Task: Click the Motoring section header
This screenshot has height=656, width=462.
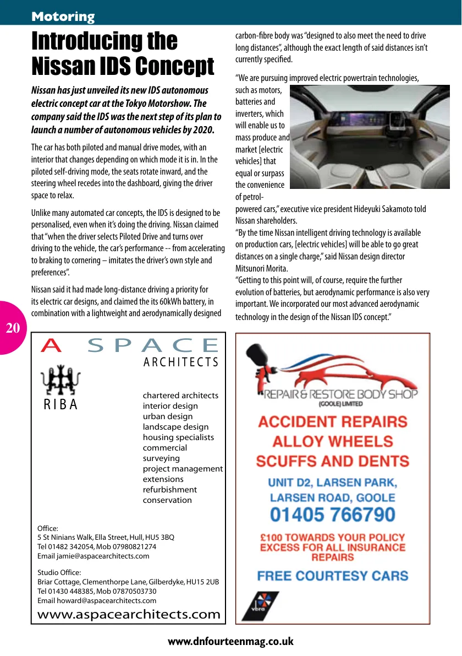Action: pyautogui.click(x=63, y=17)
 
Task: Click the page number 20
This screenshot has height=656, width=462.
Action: pyautogui.click(x=13, y=329)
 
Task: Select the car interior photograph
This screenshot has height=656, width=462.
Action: pyautogui.click(x=369, y=137)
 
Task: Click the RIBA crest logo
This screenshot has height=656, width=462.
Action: pyautogui.click(x=61, y=379)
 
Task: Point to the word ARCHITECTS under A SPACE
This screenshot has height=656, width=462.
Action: pyautogui.click(x=181, y=362)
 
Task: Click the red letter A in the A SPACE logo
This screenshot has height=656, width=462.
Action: pyautogui.click(x=52, y=345)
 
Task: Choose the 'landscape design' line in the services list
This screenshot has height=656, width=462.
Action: pyautogui.click(x=175, y=427)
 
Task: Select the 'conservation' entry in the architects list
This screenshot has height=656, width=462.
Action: pyautogui.click(x=167, y=500)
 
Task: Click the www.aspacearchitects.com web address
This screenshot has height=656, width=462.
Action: pyautogui.click(x=129, y=614)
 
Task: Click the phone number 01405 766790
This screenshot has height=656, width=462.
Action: pyautogui.click(x=333, y=515)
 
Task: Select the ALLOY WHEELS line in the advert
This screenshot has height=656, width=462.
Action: pyautogui.click(x=333, y=441)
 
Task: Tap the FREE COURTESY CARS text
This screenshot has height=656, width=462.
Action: pyautogui.click(x=333, y=576)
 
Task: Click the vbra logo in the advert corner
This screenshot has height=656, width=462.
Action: pyautogui.click(x=260, y=605)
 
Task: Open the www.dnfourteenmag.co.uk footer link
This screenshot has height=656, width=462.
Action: pyautogui.click(x=230, y=642)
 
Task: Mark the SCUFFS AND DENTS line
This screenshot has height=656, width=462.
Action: pyautogui.click(x=333, y=460)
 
